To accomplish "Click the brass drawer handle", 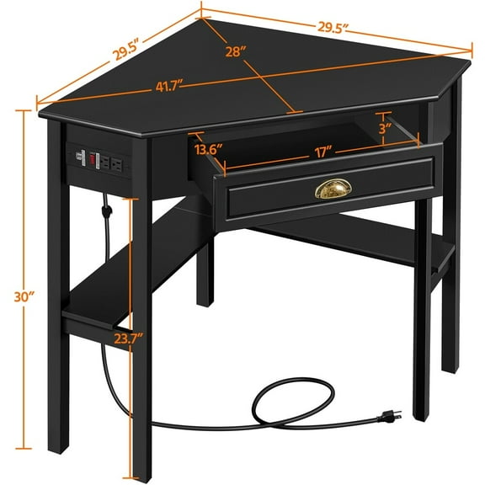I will coord(330,190).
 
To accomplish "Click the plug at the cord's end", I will coord(392,414).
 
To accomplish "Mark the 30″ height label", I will coord(26,296).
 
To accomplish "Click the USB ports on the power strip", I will coord(82,156).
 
